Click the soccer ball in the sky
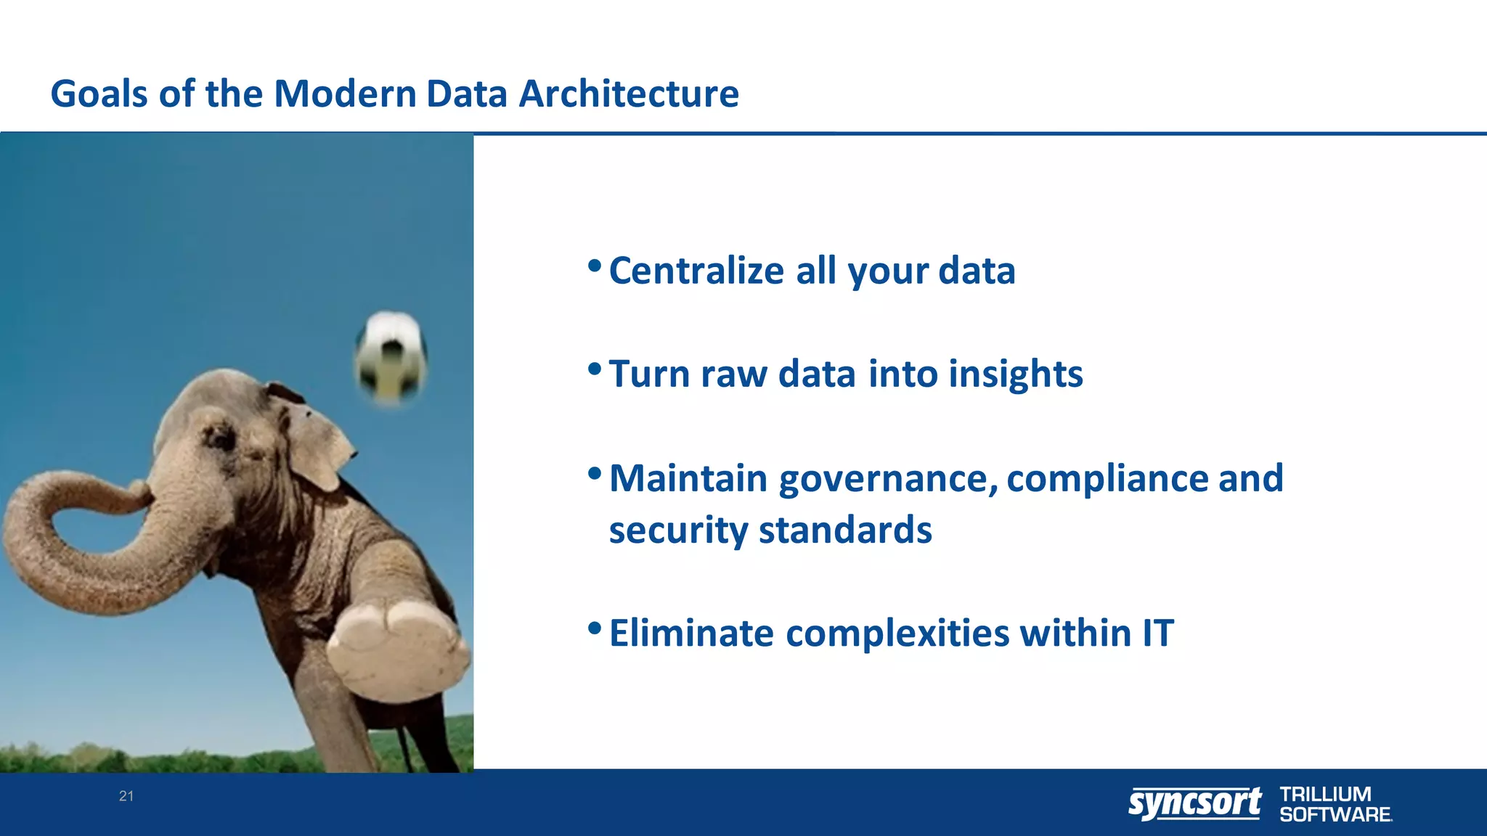391,357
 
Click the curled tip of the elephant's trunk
138,493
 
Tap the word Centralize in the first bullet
696,271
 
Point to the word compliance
1107,479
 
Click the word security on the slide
678,530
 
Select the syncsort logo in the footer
1194,803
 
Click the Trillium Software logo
1335,804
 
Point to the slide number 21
126,796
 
